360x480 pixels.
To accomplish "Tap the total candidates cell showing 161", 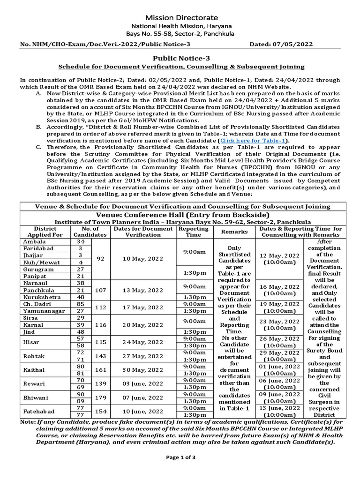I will tap(101, 370).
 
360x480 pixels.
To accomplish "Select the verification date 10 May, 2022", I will tap(143, 259).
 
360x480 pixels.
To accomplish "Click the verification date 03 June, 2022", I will tap(143, 384).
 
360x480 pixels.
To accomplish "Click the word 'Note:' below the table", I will tap(28, 422).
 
